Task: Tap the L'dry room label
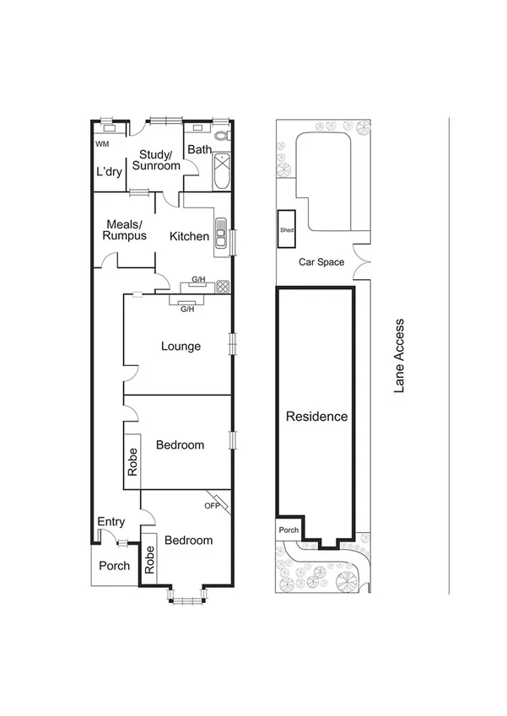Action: point(110,172)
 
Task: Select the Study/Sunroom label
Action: point(159,160)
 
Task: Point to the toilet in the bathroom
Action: point(221,135)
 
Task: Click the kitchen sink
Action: point(220,234)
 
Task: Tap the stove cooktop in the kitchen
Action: point(223,286)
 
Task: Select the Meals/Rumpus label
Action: point(125,230)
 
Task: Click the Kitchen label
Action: point(189,236)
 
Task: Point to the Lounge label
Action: point(181,346)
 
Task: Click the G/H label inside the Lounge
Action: point(187,310)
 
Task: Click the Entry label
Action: point(111,522)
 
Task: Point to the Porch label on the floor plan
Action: point(115,565)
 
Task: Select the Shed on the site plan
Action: point(286,229)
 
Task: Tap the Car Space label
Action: point(321,261)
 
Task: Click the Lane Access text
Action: point(400,355)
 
